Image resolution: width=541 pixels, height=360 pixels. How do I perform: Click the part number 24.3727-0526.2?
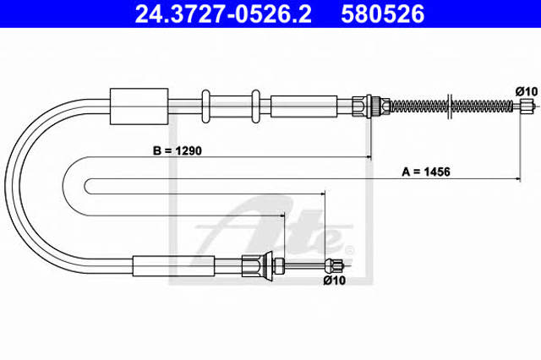(223, 14)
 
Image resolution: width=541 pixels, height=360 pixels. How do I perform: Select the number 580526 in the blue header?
(383, 14)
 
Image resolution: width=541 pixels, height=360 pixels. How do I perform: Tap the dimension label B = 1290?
(178, 150)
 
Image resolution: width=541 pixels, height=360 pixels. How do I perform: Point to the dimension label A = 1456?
(426, 172)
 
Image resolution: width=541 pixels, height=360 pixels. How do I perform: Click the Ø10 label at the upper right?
(527, 91)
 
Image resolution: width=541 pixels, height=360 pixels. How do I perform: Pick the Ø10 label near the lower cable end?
(335, 281)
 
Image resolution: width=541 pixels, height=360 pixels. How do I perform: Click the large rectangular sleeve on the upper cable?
(139, 106)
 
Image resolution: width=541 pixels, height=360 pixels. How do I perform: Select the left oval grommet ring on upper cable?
(205, 106)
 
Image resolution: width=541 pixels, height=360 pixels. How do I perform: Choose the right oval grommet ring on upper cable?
(255, 106)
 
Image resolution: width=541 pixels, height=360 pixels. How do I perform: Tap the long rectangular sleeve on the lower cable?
(173, 266)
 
